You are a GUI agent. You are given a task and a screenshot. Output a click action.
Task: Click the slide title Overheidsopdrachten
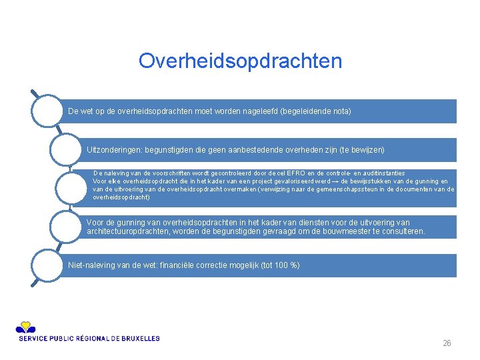point(240,61)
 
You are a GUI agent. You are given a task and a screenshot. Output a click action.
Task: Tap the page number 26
point(447,343)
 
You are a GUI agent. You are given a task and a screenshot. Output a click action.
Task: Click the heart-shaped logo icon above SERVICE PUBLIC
point(26,327)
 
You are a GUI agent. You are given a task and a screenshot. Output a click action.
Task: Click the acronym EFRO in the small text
point(298,173)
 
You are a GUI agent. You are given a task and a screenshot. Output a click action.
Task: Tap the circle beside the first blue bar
point(47,111)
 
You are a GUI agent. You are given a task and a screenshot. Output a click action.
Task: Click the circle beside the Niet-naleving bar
point(47,265)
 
